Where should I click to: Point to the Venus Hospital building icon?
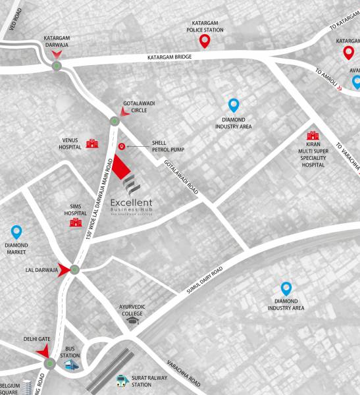(x=93, y=143)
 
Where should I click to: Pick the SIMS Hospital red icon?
(x=75, y=223)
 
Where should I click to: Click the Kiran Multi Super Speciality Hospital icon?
(x=313, y=136)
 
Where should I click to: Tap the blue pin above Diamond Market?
(x=16, y=232)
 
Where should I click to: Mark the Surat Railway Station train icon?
(x=121, y=381)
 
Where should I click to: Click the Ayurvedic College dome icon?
(x=132, y=321)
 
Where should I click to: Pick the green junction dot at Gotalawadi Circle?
(x=115, y=120)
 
